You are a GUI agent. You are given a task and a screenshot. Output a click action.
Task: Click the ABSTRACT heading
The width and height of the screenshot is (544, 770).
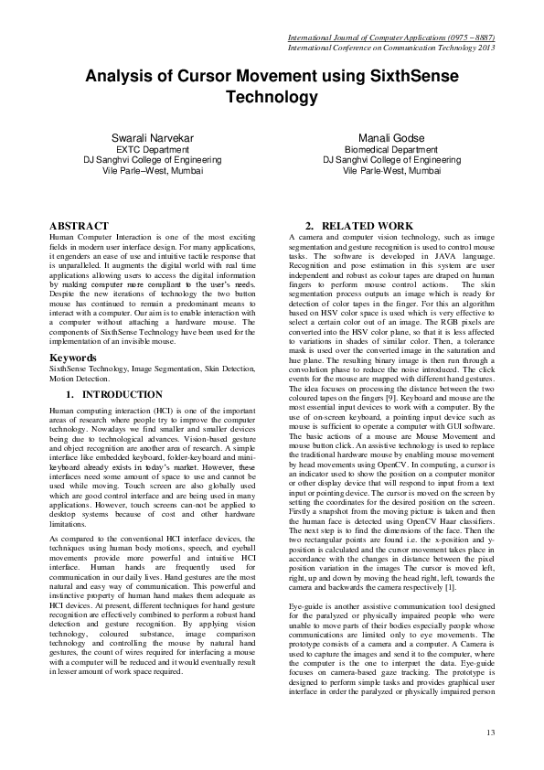click(x=81, y=225)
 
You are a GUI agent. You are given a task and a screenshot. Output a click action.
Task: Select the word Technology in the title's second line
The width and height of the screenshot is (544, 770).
click(x=272, y=97)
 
